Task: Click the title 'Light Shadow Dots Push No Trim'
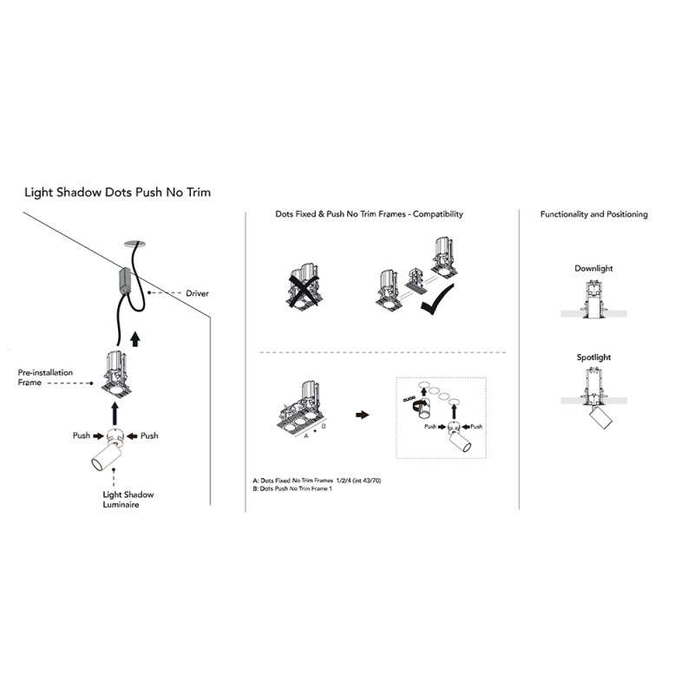click(x=117, y=193)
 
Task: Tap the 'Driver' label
click(x=197, y=293)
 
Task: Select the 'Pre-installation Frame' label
click(x=45, y=377)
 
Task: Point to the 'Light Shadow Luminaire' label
click(x=128, y=500)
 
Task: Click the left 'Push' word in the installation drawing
click(x=82, y=435)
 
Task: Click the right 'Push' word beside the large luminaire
click(x=149, y=436)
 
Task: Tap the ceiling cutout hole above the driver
click(x=135, y=244)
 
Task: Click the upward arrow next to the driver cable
click(x=135, y=338)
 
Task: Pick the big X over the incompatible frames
click(x=303, y=289)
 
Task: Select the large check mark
click(x=436, y=301)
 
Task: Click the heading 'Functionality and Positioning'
click(x=594, y=214)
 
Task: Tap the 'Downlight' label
click(x=593, y=268)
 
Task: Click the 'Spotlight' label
click(x=593, y=357)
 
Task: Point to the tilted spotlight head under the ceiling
click(x=600, y=418)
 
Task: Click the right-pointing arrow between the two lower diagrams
click(x=362, y=415)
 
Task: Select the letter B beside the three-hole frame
click(x=324, y=426)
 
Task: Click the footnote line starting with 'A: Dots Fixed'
click(x=317, y=481)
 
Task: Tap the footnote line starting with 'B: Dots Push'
click(x=292, y=488)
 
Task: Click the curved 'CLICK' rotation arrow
click(x=418, y=403)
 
